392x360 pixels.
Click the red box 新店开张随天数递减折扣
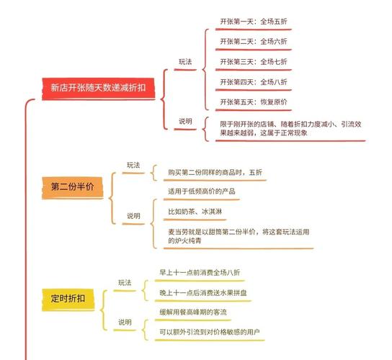(98, 89)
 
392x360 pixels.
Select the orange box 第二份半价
(73, 187)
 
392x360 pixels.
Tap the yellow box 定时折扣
(68, 300)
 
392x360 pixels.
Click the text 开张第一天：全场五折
(254, 22)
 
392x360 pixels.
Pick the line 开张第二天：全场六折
(254, 42)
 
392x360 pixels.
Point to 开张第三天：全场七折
(254, 62)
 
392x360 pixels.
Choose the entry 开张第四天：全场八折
(254, 82)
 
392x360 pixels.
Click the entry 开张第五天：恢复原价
(254, 102)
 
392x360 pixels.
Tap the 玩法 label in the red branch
(185, 62)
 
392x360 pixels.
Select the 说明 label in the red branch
(185, 122)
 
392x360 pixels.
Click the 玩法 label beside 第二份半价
(133, 165)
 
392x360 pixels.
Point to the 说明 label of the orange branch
(133, 216)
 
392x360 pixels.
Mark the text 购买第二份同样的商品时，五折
(215, 172)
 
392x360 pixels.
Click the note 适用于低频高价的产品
(202, 192)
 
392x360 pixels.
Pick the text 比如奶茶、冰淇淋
(195, 212)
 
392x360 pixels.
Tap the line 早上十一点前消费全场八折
(200, 273)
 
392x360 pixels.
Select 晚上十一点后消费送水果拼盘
(203, 293)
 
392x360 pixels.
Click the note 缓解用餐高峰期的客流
(193, 312)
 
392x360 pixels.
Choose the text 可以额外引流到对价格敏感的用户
(210, 332)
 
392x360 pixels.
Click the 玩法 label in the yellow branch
(125, 283)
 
